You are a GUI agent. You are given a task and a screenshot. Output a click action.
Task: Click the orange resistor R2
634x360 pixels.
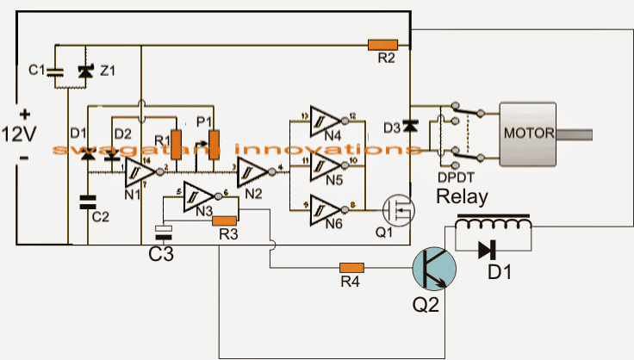tap(382, 44)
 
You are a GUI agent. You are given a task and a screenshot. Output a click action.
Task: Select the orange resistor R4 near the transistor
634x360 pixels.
tap(351, 268)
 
